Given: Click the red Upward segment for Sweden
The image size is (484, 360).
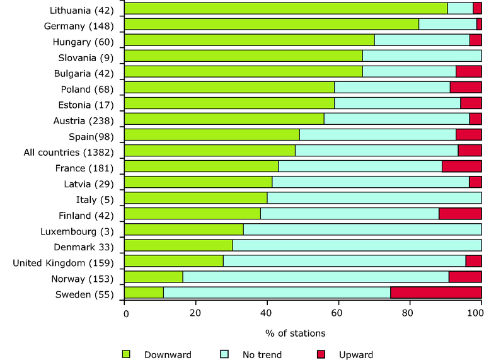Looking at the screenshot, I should pos(435,293).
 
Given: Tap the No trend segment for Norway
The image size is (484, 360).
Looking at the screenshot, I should pos(316,277).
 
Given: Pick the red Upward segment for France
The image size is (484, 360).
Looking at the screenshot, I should pos(461,166).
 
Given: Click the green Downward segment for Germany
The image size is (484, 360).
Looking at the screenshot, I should pos(272,24).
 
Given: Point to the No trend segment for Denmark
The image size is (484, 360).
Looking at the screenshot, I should pos(357,245).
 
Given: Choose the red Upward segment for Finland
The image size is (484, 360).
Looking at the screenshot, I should pos(460,214).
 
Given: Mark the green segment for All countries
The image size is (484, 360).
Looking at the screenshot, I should pos(210,151).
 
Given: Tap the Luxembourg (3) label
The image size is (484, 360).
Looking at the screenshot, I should pos(76,231).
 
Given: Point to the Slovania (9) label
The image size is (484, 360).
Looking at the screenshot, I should pos(84,57).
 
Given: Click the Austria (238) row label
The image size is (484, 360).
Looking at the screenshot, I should pos(81,120).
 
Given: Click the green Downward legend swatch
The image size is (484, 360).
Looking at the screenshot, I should pos(126,354).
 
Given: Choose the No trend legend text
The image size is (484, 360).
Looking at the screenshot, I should pos(262,354).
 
